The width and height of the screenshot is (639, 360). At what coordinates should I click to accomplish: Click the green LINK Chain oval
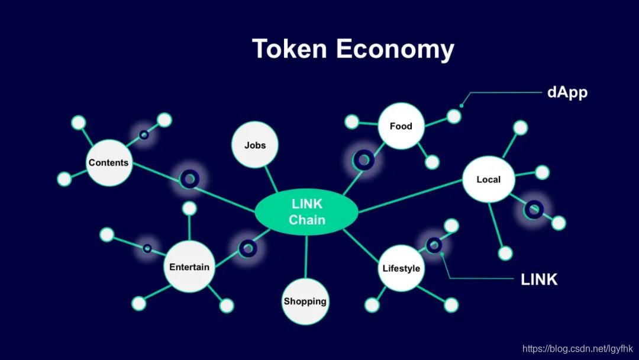pyautogui.click(x=306, y=211)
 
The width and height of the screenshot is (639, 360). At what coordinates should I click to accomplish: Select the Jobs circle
pyautogui.click(x=255, y=145)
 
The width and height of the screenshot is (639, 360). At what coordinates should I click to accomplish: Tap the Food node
pyautogui.click(x=401, y=126)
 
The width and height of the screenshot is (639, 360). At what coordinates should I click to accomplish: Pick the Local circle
pyautogui.click(x=488, y=179)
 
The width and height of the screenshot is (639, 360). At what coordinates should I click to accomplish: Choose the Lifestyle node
pyautogui.click(x=401, y=268)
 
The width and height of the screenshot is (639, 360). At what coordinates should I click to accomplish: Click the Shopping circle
pyautogui.click(x=305, y=301)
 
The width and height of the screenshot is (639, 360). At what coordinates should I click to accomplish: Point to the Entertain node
pyautogui.click(x=189, y=267)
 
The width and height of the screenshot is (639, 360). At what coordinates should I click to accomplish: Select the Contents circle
pyautogui.click(x=108, y=163)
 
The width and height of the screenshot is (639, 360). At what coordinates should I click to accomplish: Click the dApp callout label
pyautogui.click(x=567, y=92)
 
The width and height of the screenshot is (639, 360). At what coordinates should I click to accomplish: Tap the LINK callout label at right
pyautogui.click(x=539, y=279)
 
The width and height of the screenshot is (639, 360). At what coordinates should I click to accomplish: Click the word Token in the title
pyautogui.click(x=289, y=49)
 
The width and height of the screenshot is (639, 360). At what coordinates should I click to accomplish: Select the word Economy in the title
pyautogui.click(x=395, y=50)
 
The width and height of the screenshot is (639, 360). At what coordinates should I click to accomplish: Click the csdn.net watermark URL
pyautogui.click(x=577, y=349)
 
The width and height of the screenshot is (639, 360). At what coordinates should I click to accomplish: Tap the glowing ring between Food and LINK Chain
pyautogui.click(x=363, y=159)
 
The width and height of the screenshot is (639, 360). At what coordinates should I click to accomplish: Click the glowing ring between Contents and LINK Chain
pyautogui.click(x=190, y=178)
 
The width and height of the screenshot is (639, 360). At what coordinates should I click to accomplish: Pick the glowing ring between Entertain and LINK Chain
pyautogui.click(x=247, y=249)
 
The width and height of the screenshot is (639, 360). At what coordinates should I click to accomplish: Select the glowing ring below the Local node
pyautogui.click(x=534, y=208)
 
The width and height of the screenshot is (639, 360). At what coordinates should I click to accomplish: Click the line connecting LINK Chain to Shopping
pyautogui.click(x=306, y=255)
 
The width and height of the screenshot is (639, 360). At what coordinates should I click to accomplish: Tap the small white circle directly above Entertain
pyautogui.click(x=189, y=208)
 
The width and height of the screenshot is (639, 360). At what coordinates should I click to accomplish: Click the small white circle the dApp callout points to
pyautogui.click(x=454, y=117)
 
